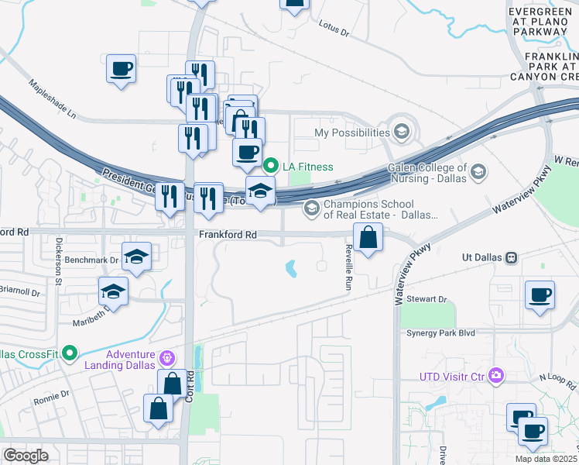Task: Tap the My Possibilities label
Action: [351, 133]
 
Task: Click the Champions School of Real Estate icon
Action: [311, 208]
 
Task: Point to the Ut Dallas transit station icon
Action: [511, 257]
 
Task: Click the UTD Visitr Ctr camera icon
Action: [495, 377]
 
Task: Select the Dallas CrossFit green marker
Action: [70, 353]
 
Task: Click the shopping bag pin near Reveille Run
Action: [369, 237]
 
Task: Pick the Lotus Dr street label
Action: [334, 29]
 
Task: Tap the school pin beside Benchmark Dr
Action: [136, 256]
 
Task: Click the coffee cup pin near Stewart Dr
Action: [540, 294]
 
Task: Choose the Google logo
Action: [26, 456]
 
